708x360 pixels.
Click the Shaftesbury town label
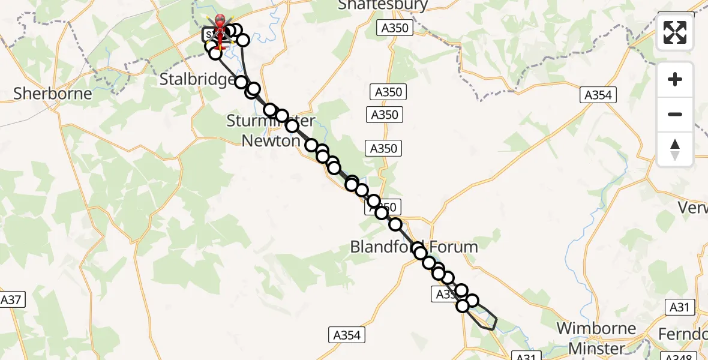[383, 5]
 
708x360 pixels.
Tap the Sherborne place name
[53, 94]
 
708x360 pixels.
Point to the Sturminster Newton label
[270, 131]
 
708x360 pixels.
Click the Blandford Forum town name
[414, 247]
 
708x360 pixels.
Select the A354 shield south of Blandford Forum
[346, 335]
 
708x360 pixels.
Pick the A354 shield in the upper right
[598, 94]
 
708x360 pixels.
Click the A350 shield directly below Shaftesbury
[395, 28]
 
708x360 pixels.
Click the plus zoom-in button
[675, 79]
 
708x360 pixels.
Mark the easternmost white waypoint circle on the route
[472, 301]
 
